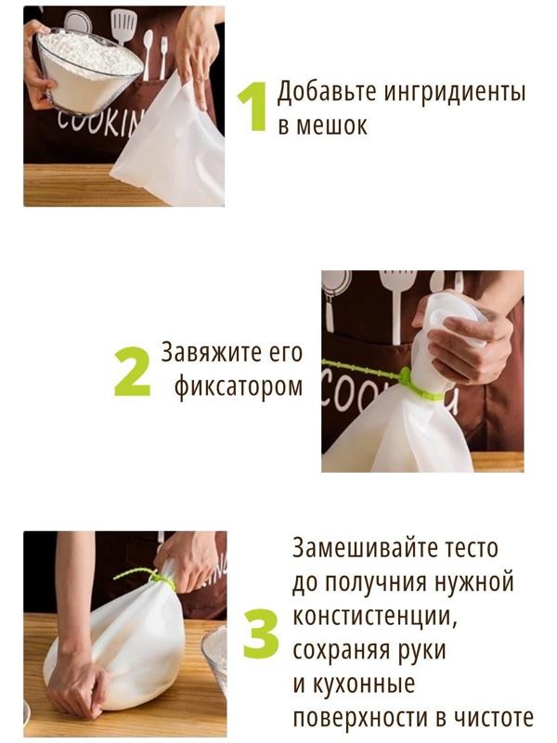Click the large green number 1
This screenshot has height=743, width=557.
(x=253, y=106)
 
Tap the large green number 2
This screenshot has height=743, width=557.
(x=132, y=371)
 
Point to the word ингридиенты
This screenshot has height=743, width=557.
(x=455, y=91)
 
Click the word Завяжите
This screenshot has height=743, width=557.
(x=209, y=353)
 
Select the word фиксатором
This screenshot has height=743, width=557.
(x=239, y=387)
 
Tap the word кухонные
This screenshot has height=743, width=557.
(x=361, y=684)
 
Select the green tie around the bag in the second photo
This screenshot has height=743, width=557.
(x=383, y=377)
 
